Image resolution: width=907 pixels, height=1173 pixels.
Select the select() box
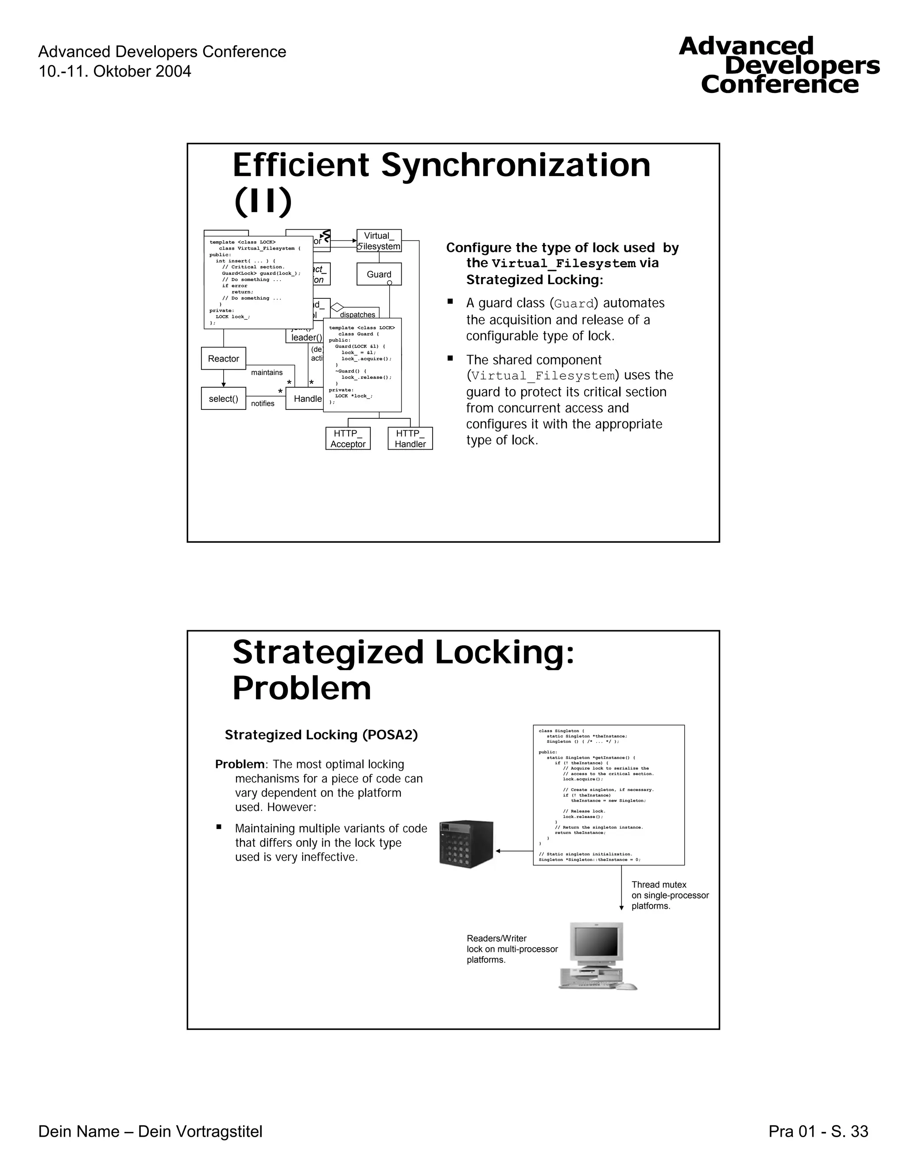(x=224, y=398)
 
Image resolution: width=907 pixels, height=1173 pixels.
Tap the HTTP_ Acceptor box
(x=348, y=438)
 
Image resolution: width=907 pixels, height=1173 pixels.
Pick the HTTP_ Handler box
(x=410, y=438)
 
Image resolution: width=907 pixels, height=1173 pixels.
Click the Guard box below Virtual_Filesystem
(x=379, y=274)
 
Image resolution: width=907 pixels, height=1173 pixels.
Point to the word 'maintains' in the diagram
(x=267, y=372)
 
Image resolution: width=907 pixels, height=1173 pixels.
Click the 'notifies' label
(x=262, y=403)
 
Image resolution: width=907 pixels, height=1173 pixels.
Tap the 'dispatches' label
(x=357, y=314)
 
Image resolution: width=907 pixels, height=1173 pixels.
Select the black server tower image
(x=466, y=844)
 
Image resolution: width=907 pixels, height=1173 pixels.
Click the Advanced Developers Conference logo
(x=779, y=66)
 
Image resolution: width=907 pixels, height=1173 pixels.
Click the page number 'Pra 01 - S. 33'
(x=818, y=1132)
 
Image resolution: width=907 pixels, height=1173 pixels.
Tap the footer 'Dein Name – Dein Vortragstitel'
(x=151, y=1132)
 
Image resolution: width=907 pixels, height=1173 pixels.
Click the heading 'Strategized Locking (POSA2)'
(x=321, y=735)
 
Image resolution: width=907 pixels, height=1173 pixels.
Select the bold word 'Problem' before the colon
(x=240, y=764)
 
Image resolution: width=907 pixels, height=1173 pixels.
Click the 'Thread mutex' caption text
(x=659, y=884)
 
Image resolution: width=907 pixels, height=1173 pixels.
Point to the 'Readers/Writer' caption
(x=496, y=938)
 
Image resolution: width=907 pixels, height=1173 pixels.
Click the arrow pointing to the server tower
(x=513, y=851)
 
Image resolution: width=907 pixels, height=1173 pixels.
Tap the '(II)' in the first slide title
(x=263, y=201)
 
